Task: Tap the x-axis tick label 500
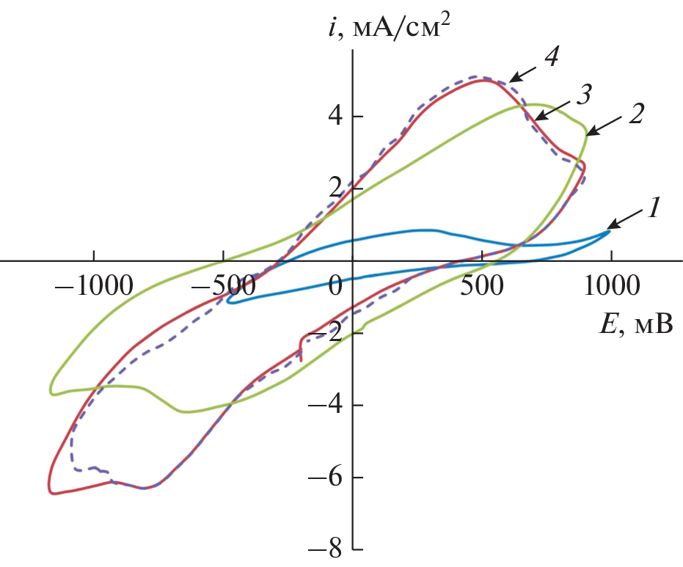(x=481, y=285)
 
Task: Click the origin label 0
(x=336, y=285)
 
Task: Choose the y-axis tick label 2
(x=335, y=189)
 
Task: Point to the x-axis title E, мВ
(x=635, y=323)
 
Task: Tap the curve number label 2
(x=638, y=115)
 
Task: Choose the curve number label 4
(x=552, y=59)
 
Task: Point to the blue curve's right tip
(x=609, y=232)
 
